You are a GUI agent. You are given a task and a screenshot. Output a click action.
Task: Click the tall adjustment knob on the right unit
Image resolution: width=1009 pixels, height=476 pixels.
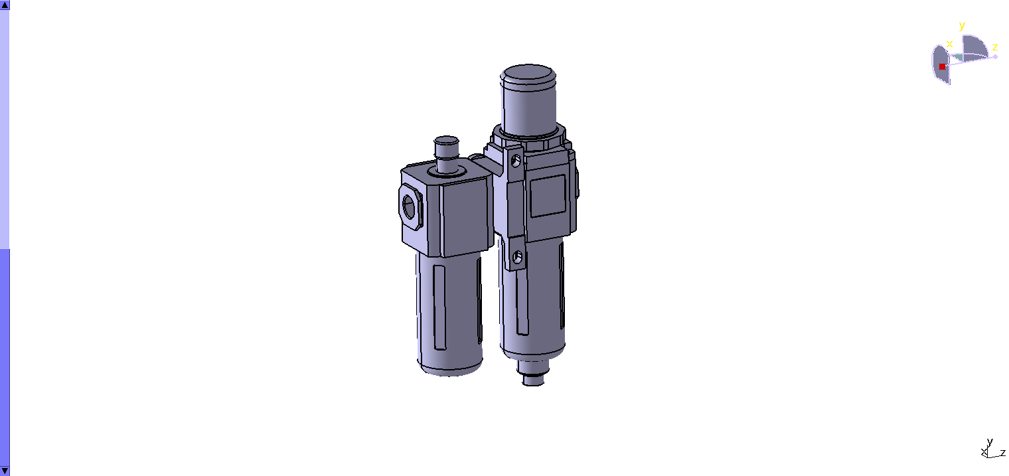tap(528, 100)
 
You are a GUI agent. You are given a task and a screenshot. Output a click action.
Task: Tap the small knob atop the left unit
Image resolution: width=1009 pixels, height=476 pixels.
tap(446, 154)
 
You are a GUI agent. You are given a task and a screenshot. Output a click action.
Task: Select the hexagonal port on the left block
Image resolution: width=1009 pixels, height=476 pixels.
tap(410, 207)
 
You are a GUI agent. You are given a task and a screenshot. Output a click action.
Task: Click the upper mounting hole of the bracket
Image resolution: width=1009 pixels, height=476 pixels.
tap(516, 160)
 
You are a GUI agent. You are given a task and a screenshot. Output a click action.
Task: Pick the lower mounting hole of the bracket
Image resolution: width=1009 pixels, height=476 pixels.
tap(518, 257)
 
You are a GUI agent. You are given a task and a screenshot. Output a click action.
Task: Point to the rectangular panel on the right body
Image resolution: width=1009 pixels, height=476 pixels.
tap(548, 196)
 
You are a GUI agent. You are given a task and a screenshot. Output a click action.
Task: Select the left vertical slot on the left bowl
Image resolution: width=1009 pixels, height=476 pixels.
tap(439, 307)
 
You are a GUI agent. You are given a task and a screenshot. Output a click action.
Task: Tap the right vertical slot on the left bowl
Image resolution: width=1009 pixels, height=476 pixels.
tap(479, 300)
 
